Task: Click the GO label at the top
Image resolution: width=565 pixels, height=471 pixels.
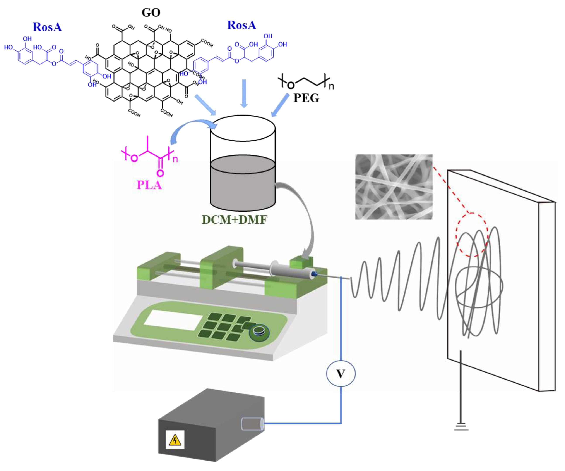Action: click(151, 12)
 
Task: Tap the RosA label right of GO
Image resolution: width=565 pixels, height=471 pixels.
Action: click(241, 25)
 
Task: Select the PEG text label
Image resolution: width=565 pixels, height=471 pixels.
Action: click(306, 98)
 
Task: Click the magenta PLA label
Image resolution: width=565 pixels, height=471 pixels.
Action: click(149, 185)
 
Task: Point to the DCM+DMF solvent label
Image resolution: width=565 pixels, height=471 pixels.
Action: click(234, 220)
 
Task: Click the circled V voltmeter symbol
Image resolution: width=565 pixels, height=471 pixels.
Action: click(341, 374)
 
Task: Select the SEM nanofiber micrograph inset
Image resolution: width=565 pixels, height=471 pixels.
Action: click(394, 187)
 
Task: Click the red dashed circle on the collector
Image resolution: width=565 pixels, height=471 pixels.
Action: click(472, 234)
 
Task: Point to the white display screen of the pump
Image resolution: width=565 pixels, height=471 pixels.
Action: click(173, 320)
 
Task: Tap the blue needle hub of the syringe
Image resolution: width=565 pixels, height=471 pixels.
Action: click(314, 274)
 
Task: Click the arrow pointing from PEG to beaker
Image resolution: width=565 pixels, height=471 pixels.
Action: click(280, 105)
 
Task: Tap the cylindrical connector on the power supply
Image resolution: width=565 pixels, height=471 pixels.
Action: click(252, 424)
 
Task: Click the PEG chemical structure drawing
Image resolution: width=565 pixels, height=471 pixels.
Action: click(305, 81)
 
